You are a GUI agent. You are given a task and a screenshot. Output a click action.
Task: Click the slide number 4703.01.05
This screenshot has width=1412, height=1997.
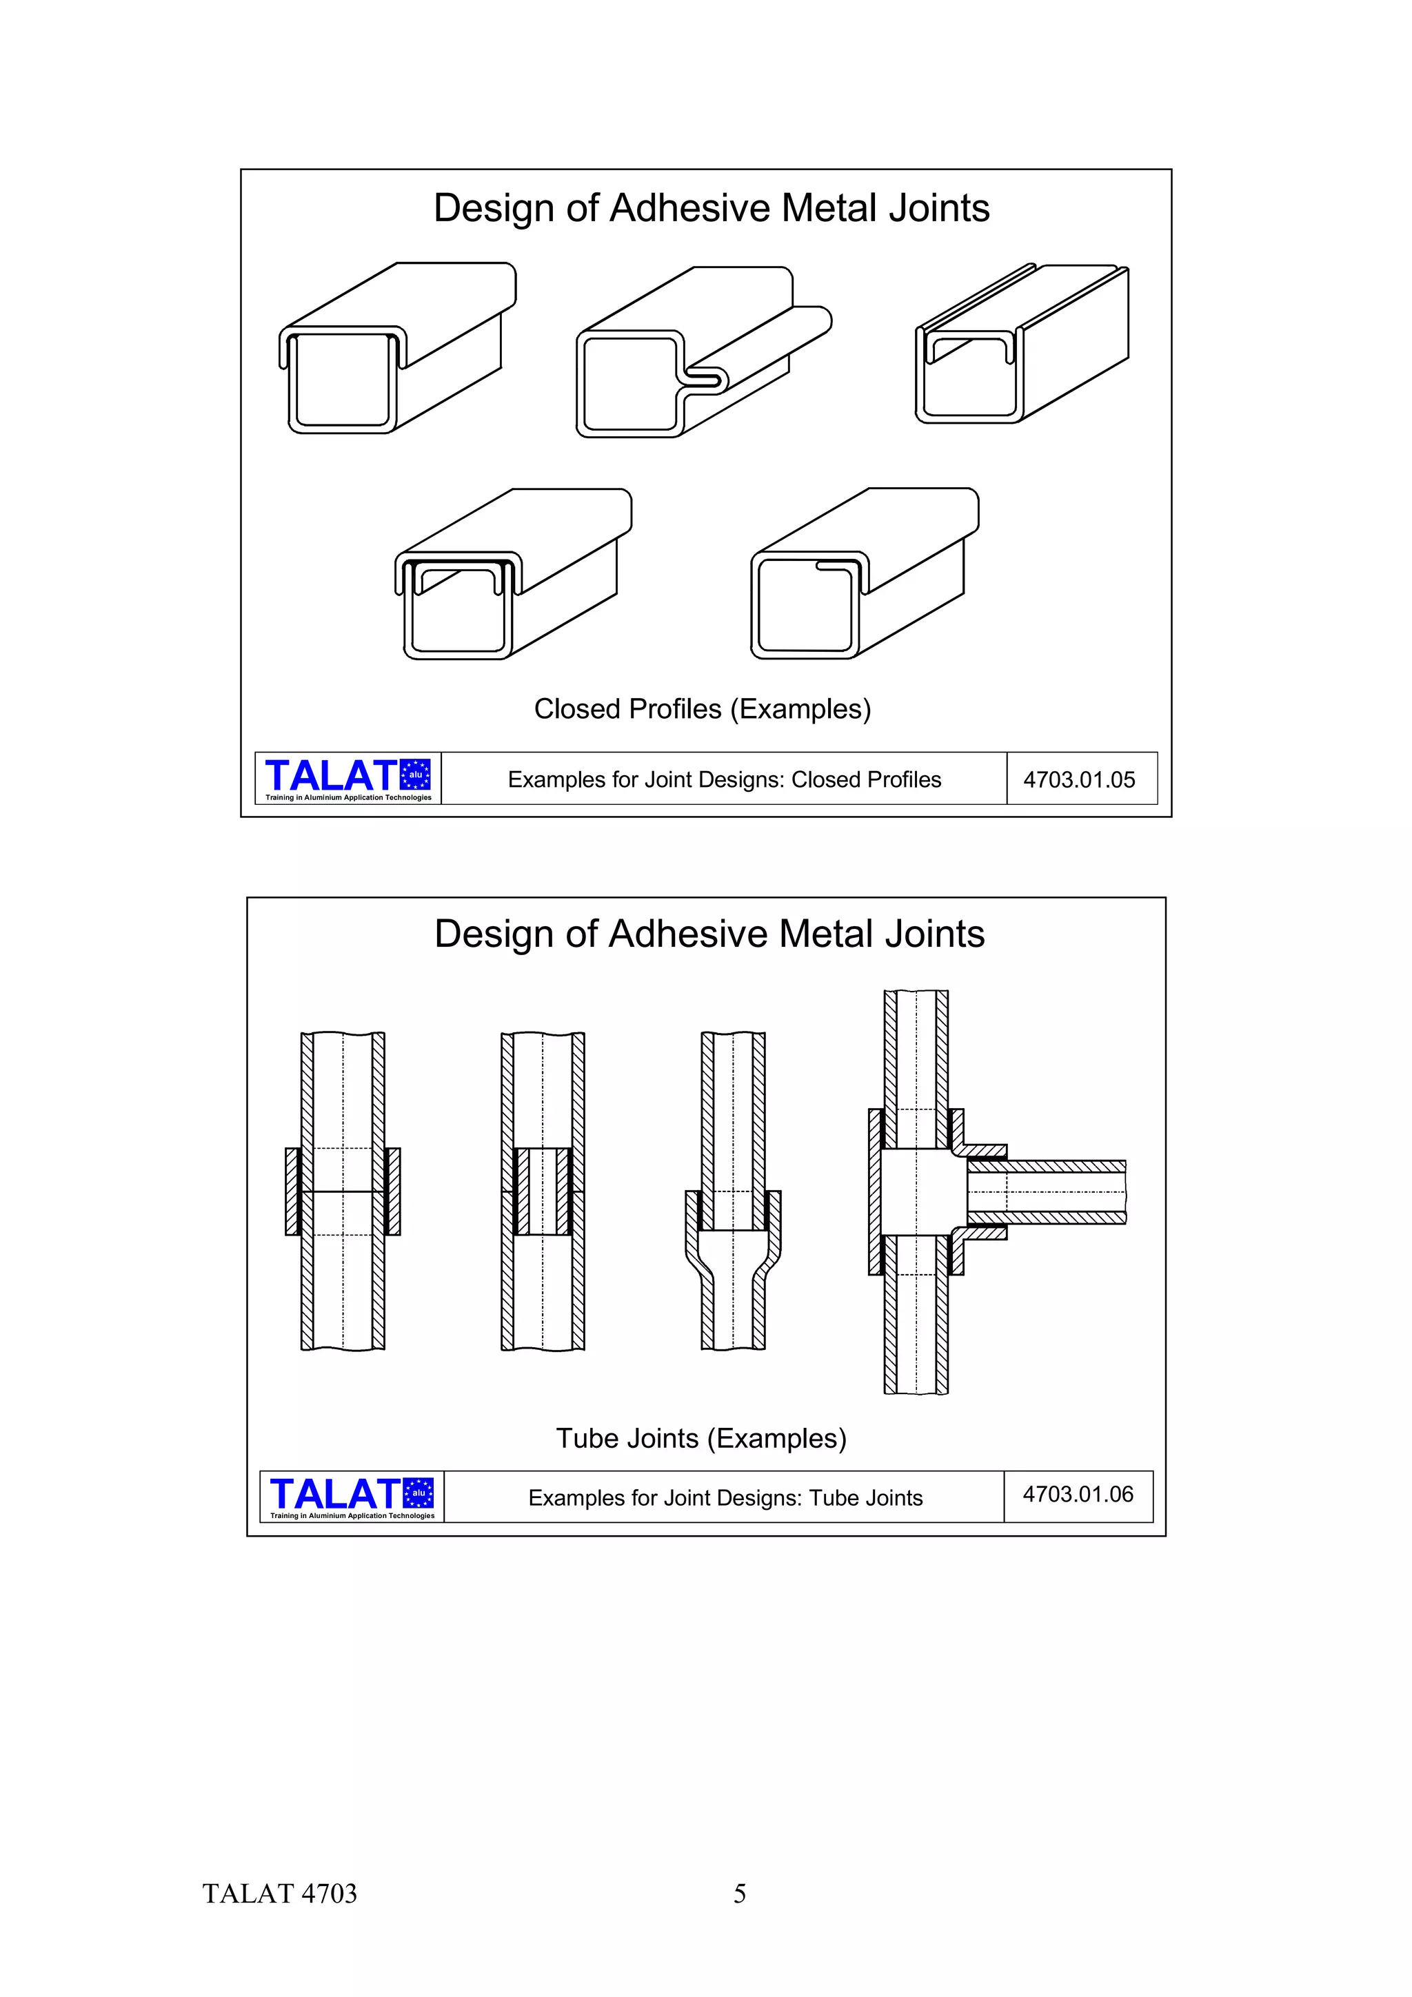tap(1079, 779)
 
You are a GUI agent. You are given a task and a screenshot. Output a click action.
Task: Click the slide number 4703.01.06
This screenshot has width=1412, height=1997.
tap(1078, 1494)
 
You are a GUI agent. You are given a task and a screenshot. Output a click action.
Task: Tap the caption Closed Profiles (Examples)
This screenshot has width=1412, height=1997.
tap(702, 709)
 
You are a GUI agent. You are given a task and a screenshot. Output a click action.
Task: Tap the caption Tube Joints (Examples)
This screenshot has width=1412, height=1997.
tap(701, 1439)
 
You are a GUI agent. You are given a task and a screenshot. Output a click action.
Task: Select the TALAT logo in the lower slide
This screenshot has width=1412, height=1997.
tap(352, 1497)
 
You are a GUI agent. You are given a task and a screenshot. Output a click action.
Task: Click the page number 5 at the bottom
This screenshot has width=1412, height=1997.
tap(740, 1894)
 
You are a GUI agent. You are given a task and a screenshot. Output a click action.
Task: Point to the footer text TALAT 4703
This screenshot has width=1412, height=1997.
tap(279, 1894)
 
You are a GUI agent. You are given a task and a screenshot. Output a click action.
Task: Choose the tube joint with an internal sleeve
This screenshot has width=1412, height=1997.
tap(543, 1191)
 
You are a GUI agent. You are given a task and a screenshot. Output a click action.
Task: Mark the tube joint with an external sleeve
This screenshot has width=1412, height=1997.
tap(343, 1191)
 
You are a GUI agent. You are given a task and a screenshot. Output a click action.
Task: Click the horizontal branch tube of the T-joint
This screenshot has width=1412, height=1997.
tap(1061, 1191)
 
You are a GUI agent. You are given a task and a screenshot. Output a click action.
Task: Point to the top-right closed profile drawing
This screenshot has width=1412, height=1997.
tap(1022, 344)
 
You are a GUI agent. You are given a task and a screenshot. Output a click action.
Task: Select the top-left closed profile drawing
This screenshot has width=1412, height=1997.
tap(396, 348)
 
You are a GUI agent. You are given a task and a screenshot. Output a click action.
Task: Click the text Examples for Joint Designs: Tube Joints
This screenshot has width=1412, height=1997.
tap(725, 1498)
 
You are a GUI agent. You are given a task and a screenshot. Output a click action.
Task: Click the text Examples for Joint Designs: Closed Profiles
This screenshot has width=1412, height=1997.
tap(724, 779)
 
